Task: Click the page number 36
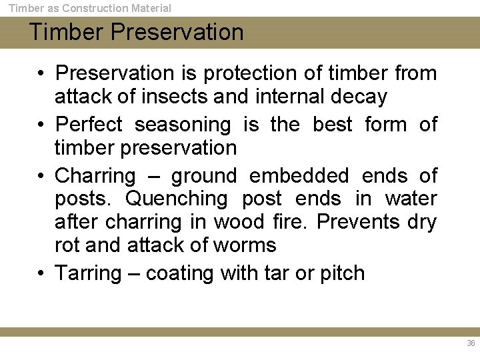(x=471, y=343)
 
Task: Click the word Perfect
(x=89, y=125)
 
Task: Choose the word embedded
(x=299, y=176)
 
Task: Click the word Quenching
(x=177, y=199)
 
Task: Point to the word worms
(x=245, y=245)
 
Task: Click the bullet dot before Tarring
(x=41, y=273)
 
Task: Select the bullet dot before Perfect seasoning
(x=41, y=125)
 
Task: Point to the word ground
(x=203, y=177)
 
